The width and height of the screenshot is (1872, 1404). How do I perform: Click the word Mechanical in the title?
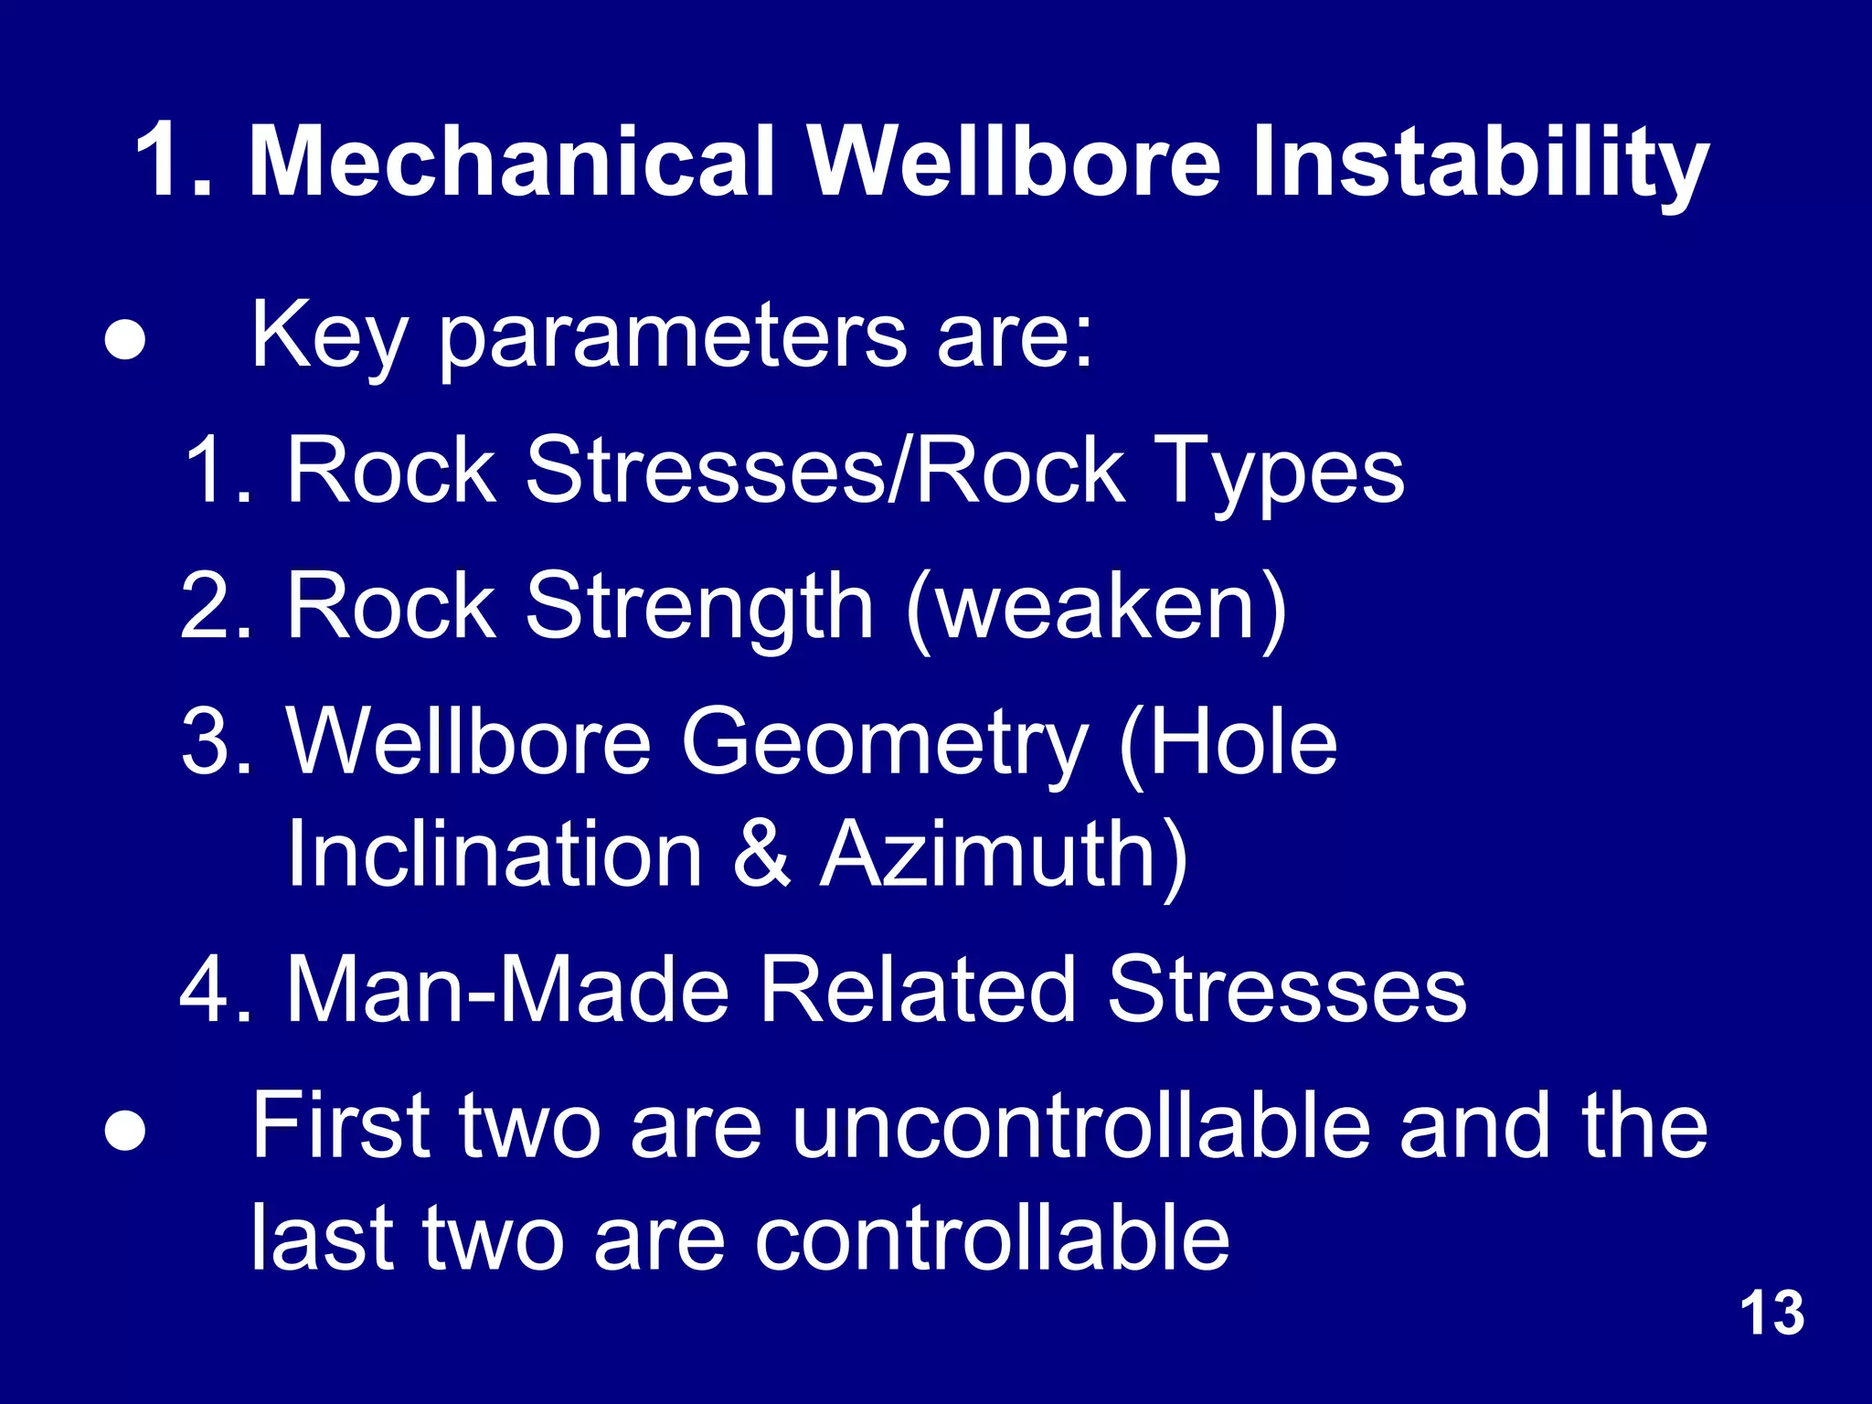(x=512, y=163)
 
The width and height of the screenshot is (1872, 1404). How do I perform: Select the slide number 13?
(x=1771, y=1314)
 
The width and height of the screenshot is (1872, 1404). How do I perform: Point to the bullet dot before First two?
(x=124, y=1132)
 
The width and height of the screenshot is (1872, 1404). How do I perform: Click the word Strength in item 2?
(x=699, y=607)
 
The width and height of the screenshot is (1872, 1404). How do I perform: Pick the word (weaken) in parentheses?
(x=1097, y=607)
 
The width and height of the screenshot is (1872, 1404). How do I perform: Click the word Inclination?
(x=495, y=854)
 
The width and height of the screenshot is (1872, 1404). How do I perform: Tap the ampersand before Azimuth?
(x=761, y=854)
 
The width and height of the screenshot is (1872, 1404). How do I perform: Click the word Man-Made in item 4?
(x=508, y=989)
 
